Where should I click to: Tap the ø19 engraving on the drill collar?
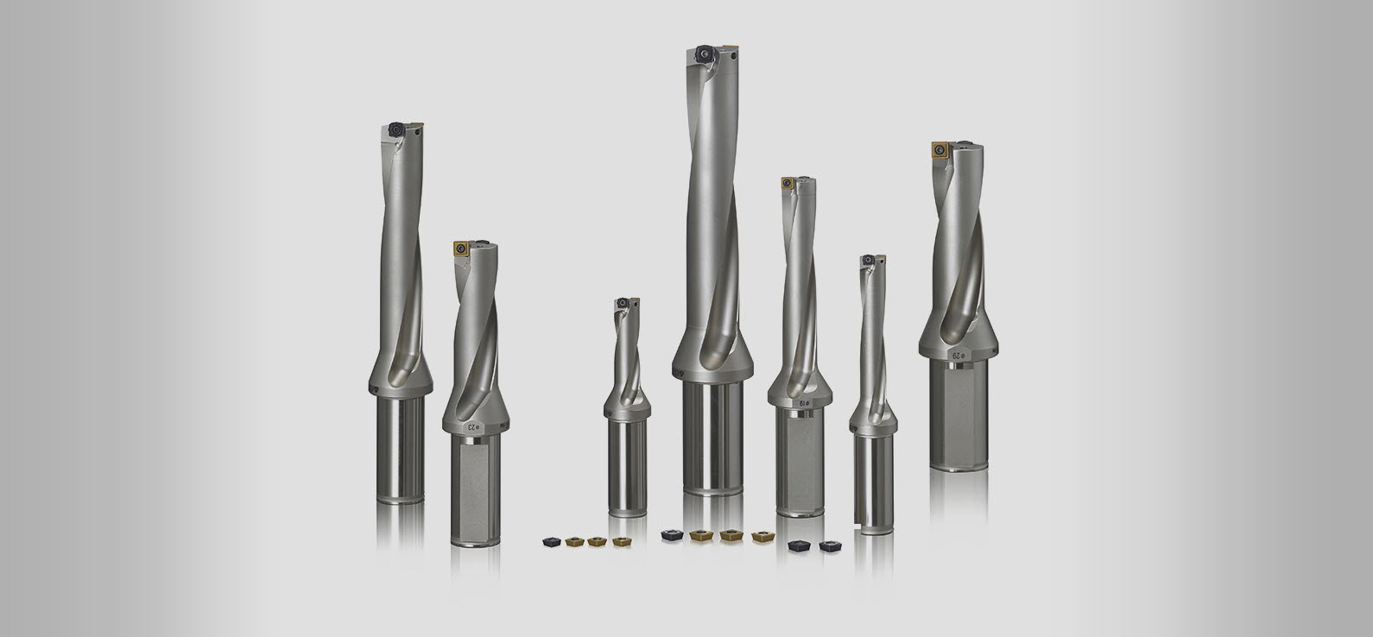[802, 402]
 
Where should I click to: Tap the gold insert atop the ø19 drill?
[788, 183]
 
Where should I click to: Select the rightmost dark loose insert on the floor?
[832, 546]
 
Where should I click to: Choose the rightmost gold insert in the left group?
[620, 541]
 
